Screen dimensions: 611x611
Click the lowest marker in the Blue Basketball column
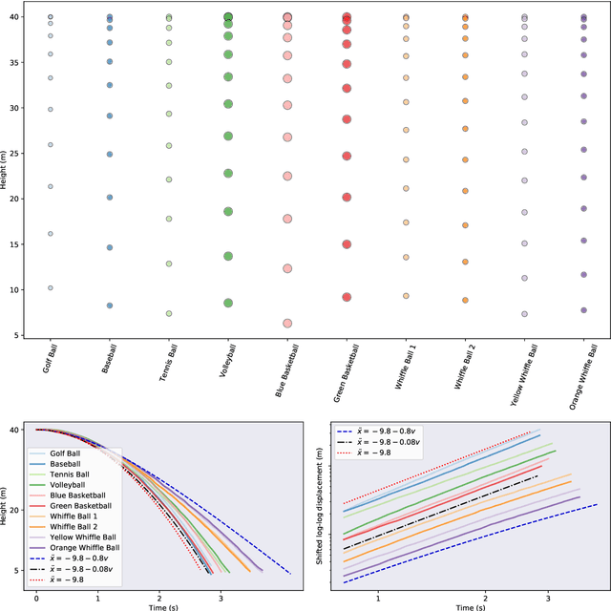click(287, 324)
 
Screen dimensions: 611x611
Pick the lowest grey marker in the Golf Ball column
click(51, 287)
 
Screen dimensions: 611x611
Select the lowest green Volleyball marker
click(228, 303)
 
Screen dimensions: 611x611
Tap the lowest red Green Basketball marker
click(347, 297)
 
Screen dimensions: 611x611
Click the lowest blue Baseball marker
click(110, 305)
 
